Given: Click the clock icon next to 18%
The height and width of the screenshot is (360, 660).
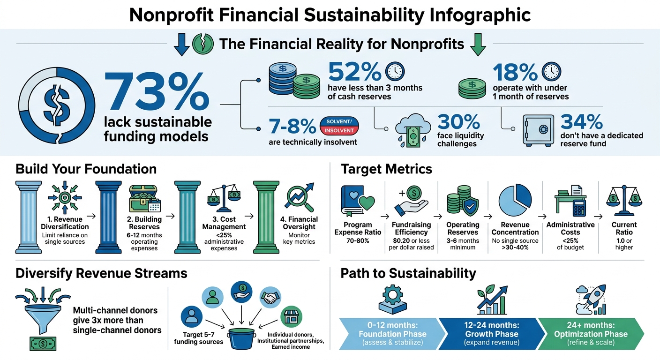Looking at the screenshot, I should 551,72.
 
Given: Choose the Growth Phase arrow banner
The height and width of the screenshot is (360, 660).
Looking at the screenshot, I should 491,334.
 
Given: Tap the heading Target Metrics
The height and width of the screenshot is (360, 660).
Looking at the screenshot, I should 386,169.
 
